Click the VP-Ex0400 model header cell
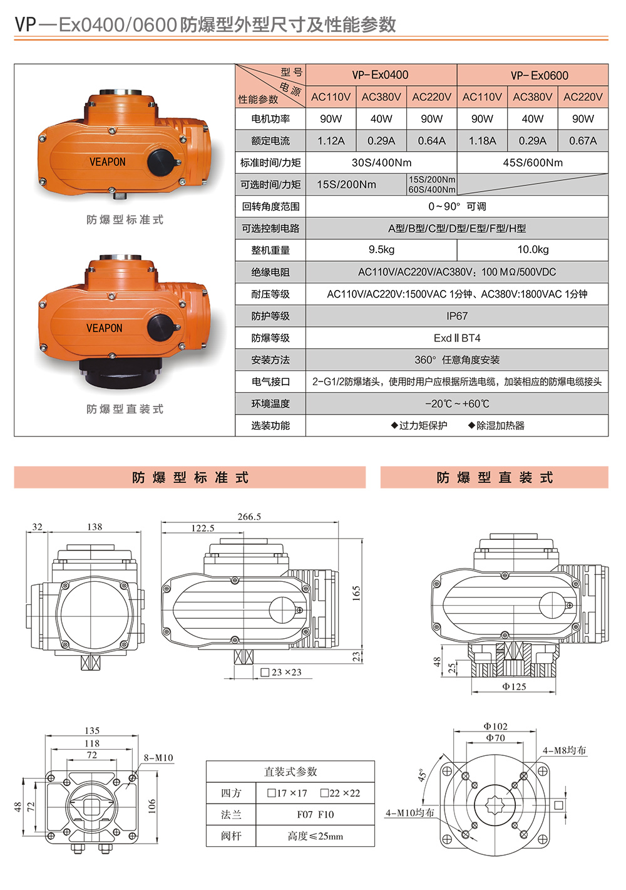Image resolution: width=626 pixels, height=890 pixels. [381, 75]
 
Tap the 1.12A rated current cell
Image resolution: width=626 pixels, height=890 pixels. [331, 141]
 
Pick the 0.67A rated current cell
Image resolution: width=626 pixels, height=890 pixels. [582, 141]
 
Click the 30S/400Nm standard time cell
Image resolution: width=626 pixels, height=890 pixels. [381, 163]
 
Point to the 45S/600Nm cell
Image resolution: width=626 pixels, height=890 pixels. [533, 163]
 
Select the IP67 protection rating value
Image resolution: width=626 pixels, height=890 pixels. [457, 316]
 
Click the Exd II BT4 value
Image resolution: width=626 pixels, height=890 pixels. [457, 338]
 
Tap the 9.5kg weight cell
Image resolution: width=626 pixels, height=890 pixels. [381, 250]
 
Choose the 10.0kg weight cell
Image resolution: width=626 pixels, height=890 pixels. [533, 250]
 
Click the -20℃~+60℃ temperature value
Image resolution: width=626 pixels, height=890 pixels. [457, 404]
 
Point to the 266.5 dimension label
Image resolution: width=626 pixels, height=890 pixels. [249, 517]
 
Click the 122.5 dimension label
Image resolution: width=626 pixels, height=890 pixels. [203, 528]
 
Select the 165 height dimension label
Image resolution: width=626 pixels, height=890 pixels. [356, 593]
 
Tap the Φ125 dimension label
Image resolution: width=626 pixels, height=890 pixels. [514, 687]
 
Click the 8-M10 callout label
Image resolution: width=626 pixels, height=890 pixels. [158, 758]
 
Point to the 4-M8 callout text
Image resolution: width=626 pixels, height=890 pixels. [564, 750]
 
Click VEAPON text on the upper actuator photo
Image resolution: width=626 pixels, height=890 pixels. [108, 162]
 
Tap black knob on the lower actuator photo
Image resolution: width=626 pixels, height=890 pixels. [160, 327]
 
